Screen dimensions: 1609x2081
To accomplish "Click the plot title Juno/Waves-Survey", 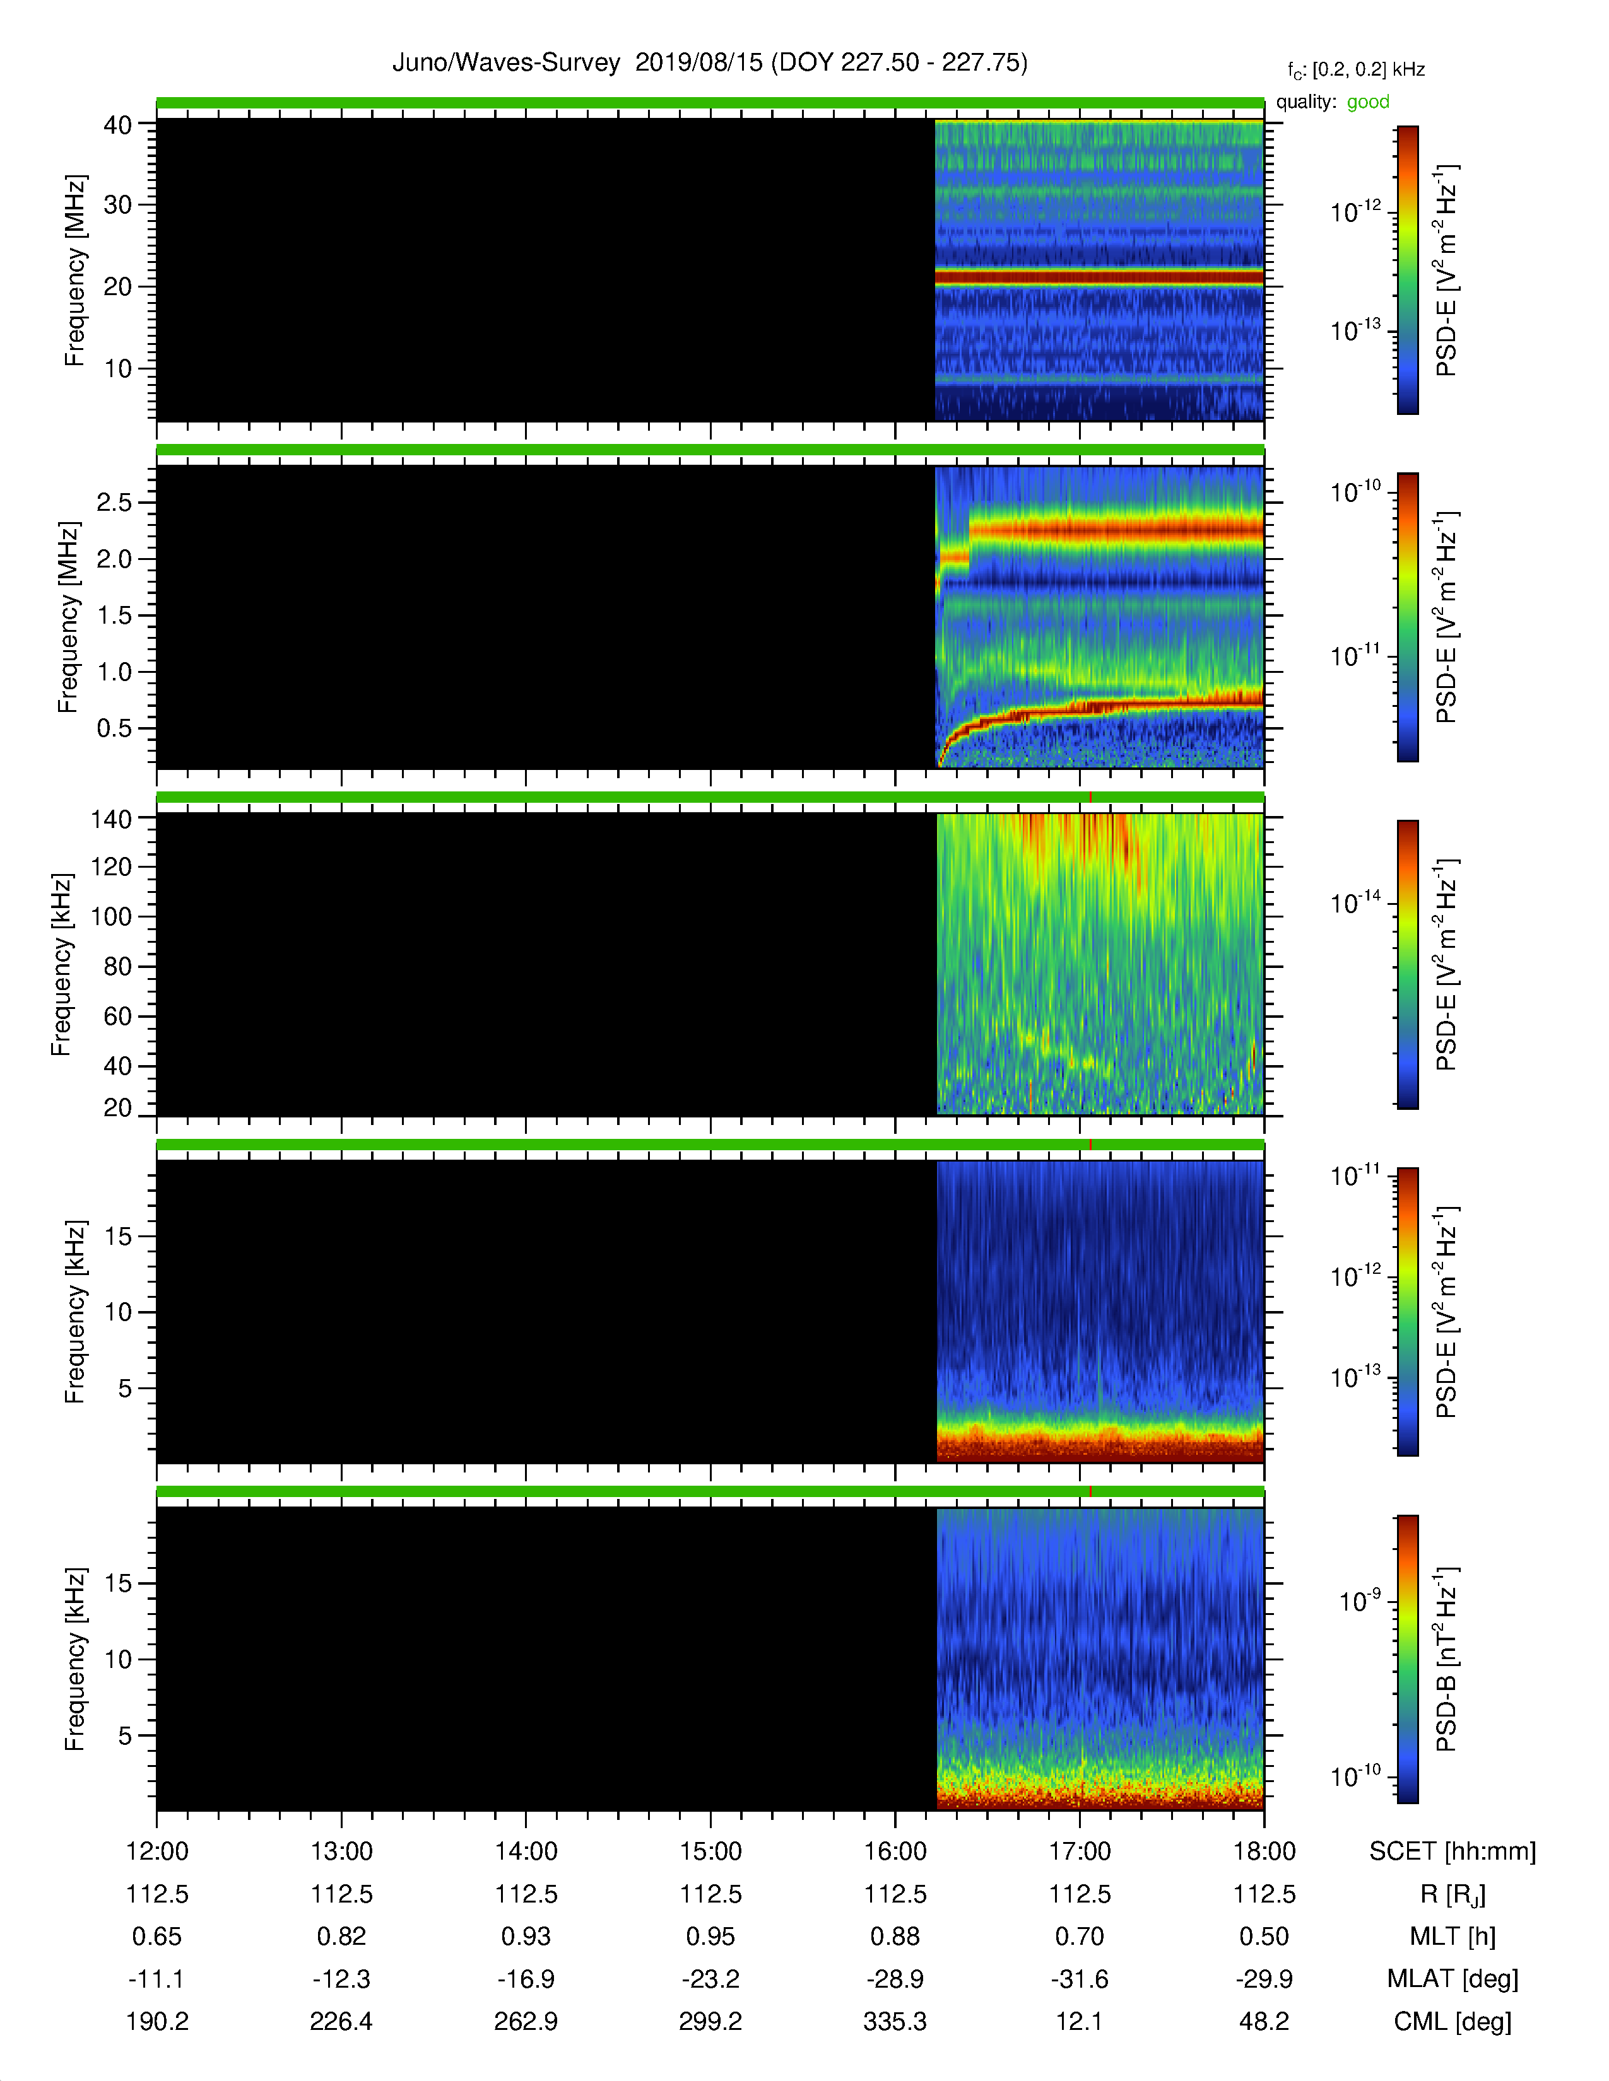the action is pyautogui.click(x=506, y=63).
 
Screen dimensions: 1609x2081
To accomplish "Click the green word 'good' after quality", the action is pyautogui.click(x=1368, y=102).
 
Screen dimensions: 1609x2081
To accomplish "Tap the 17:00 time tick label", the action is pyautogui.click(x=1080, y=1851).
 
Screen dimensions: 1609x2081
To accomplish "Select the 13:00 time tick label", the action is pyautogui.click(x=341, y=1851).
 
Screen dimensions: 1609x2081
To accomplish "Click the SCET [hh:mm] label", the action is pyautogui.click(x=1453, y=1851).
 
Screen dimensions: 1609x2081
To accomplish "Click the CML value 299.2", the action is pyautogui.click(x=710, y=2021).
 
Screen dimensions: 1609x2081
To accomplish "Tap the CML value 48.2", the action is pyautogui.click(x=1264, y=2021).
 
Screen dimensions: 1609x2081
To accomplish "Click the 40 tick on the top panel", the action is pyautogui.click(x=117, y=125).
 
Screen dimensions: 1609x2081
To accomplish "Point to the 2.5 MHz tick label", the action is pyautogui.click(x=114, y=502).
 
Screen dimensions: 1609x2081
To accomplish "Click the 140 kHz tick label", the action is pyautogui.click(x=110, y=819).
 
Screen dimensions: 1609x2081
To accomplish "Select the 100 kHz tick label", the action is pyautogui.click(x=110, y=917).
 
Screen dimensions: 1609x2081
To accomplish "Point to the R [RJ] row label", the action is pyautogui.click(x=1453, y=1894).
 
